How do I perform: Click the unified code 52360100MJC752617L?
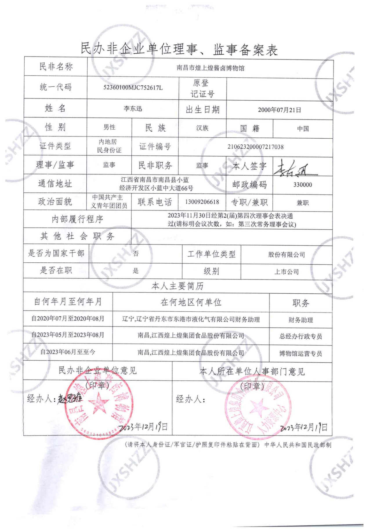click(133, 87)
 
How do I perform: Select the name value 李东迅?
click(133, 109)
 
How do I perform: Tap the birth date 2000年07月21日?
click(279, 110)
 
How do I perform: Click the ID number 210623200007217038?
click(255, 147)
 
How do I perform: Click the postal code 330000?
click(302, 185)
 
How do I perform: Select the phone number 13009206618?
click(202, 202)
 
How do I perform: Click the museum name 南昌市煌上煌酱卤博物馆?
click(210, 68)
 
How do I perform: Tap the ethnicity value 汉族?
click(202, 128)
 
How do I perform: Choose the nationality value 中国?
click(303, 128)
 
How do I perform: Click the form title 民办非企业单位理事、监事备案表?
click(179, 50)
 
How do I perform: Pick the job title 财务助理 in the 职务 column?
click(300, 320)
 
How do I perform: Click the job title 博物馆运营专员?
click(300, 353)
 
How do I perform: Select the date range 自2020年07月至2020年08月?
click(68, 319)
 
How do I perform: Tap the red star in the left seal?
click(98, 404)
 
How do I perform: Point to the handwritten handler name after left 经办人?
click(70, 399)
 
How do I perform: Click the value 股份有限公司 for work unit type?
click(286, 255)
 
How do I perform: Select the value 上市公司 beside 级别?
click(286, 272)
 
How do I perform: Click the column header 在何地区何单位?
click(191, 302)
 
